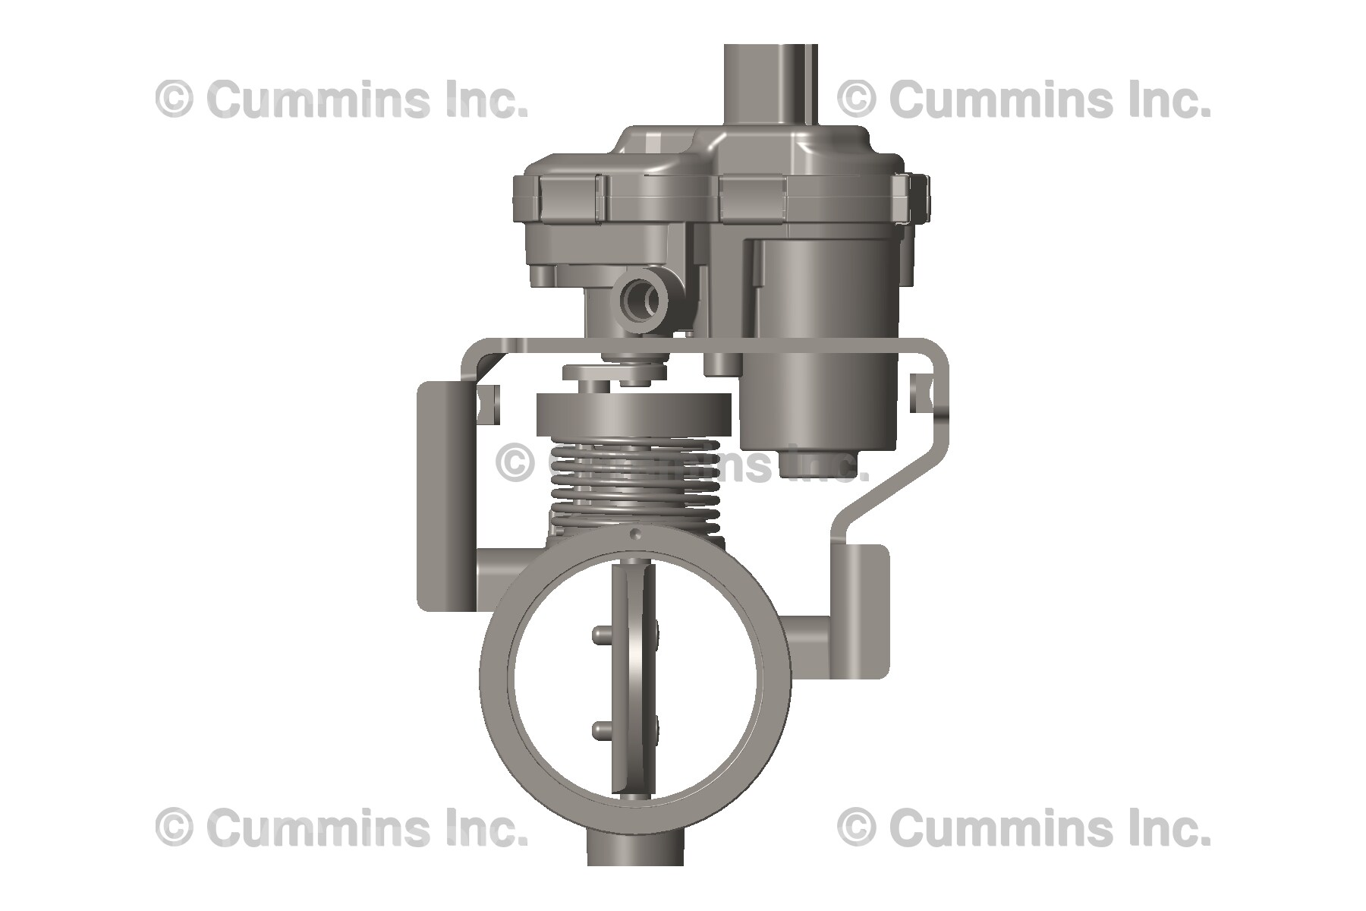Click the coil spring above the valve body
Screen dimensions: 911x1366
click(x=634, y=486)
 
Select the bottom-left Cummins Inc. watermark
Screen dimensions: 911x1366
click(x=341, y=827)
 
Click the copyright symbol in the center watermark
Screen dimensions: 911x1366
click(x=515, y=462)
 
